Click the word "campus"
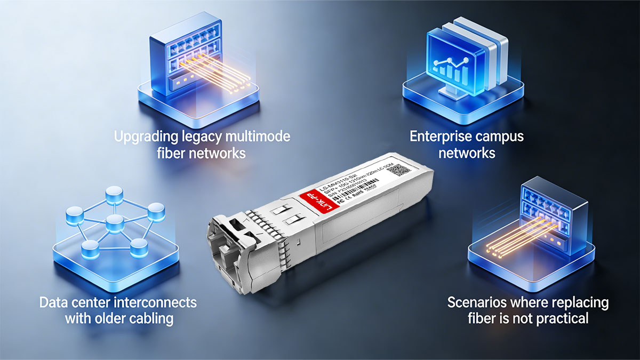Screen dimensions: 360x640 503,137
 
